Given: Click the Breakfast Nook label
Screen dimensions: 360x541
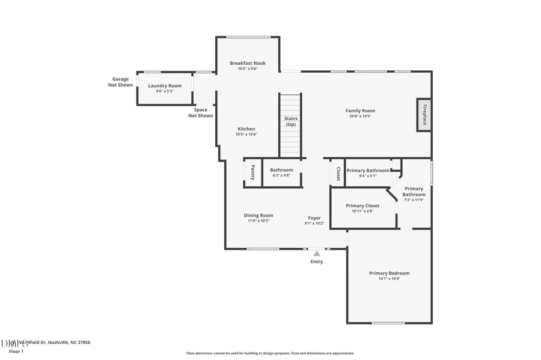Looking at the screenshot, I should [247, 63].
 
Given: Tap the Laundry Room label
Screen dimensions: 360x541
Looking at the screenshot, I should [165, 86].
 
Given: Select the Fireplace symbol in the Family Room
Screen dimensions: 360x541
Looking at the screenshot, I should [424, 114].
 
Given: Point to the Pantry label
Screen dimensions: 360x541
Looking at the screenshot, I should [252, 172].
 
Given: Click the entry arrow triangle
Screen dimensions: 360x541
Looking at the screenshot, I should [316, 254].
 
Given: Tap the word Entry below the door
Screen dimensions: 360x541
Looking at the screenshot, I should [316, 262].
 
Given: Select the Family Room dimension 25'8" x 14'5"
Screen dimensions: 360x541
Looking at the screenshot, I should [360, 116].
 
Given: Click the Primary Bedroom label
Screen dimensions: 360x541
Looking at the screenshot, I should [389, 273].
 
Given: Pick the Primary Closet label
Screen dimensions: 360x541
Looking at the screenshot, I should [362, 206].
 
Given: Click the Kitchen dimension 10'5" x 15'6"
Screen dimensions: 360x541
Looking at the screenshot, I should [246, 135].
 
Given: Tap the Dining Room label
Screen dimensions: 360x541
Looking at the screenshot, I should [258, 215].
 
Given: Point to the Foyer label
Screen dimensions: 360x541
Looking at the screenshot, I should [314, 218].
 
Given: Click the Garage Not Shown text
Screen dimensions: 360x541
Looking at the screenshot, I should [120, 82].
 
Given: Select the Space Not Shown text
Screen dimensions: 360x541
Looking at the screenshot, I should [201, 112].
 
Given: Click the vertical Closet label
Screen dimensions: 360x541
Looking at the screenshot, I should [338, 174].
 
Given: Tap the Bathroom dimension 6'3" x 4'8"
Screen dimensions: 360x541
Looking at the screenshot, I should [281, 175].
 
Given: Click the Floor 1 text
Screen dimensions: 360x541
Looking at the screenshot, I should [16, 351].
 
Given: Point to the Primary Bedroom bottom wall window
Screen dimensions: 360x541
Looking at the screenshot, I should [388, 323].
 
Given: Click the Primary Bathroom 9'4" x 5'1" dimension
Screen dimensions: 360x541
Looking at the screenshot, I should [368, 176].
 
